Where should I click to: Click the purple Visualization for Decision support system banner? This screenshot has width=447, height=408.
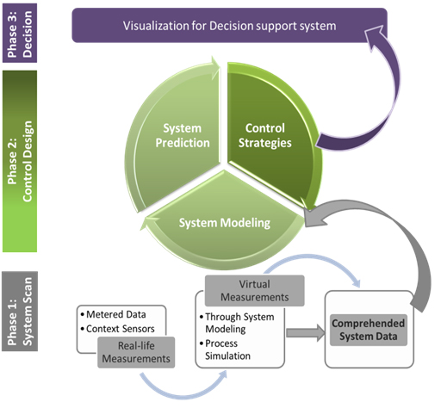click(229, 25)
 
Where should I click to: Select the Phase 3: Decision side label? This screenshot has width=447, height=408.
click(20, 33)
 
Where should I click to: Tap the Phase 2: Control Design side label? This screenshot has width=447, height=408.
click(20, 161)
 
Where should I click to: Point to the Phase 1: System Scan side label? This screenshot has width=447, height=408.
click(20, 312)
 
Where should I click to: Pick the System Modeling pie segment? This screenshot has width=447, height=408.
click(224, 226)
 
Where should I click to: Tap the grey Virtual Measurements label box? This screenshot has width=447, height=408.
click(254, 291)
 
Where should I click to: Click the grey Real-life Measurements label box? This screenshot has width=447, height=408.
click(136, 352)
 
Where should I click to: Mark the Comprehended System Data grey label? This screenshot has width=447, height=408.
click(369, 330)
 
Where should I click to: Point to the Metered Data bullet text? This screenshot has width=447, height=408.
click(114, 314)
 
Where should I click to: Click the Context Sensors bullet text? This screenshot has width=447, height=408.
click(118, 329)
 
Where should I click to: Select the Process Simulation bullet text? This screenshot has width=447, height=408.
click(225, 349)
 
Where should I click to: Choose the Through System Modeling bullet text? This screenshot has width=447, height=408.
click(237, 323)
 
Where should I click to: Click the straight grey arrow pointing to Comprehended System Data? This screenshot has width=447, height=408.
click(306, 333)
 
